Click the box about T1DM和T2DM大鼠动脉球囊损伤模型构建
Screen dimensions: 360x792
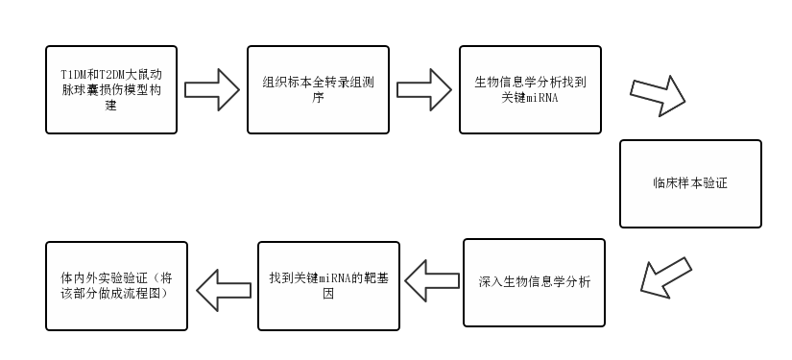(110, 89)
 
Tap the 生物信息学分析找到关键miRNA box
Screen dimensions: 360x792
(530, 89)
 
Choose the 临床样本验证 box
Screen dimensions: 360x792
(689, 183)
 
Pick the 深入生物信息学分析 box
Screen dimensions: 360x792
(534, 282)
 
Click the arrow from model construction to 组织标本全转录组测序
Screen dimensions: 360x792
(211, 89)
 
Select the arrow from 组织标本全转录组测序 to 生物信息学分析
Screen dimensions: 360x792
(424, 89)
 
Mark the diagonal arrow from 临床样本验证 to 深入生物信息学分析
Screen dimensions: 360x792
(664, 275)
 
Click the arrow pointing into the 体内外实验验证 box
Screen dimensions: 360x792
(223, 284)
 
